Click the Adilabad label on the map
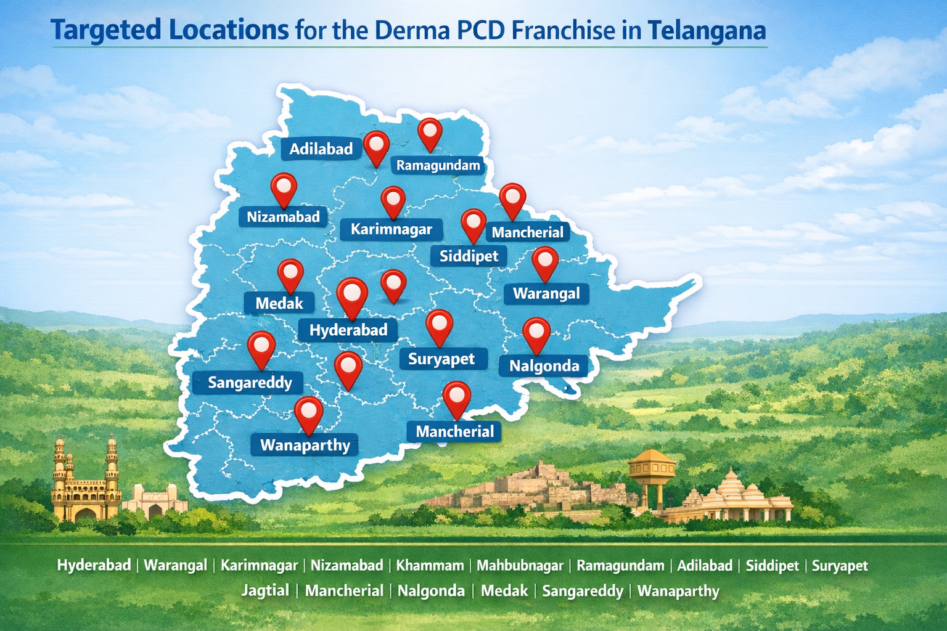click(321, 149)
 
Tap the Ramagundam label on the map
click(438, 165)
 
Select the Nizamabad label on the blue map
click(283, 217)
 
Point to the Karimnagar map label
click(392, 230)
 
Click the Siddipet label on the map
click(469, 256)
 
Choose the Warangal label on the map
click(546, 293)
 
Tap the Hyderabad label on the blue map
click(348, 330)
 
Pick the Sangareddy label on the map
click(250, 383)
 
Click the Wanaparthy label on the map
click(305, 445)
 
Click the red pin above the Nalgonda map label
click(536, 333)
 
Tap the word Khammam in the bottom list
click(430, 566)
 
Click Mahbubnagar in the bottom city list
click(520, 566)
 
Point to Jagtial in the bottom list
click(265, 590)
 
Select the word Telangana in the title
click(707, 30)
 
